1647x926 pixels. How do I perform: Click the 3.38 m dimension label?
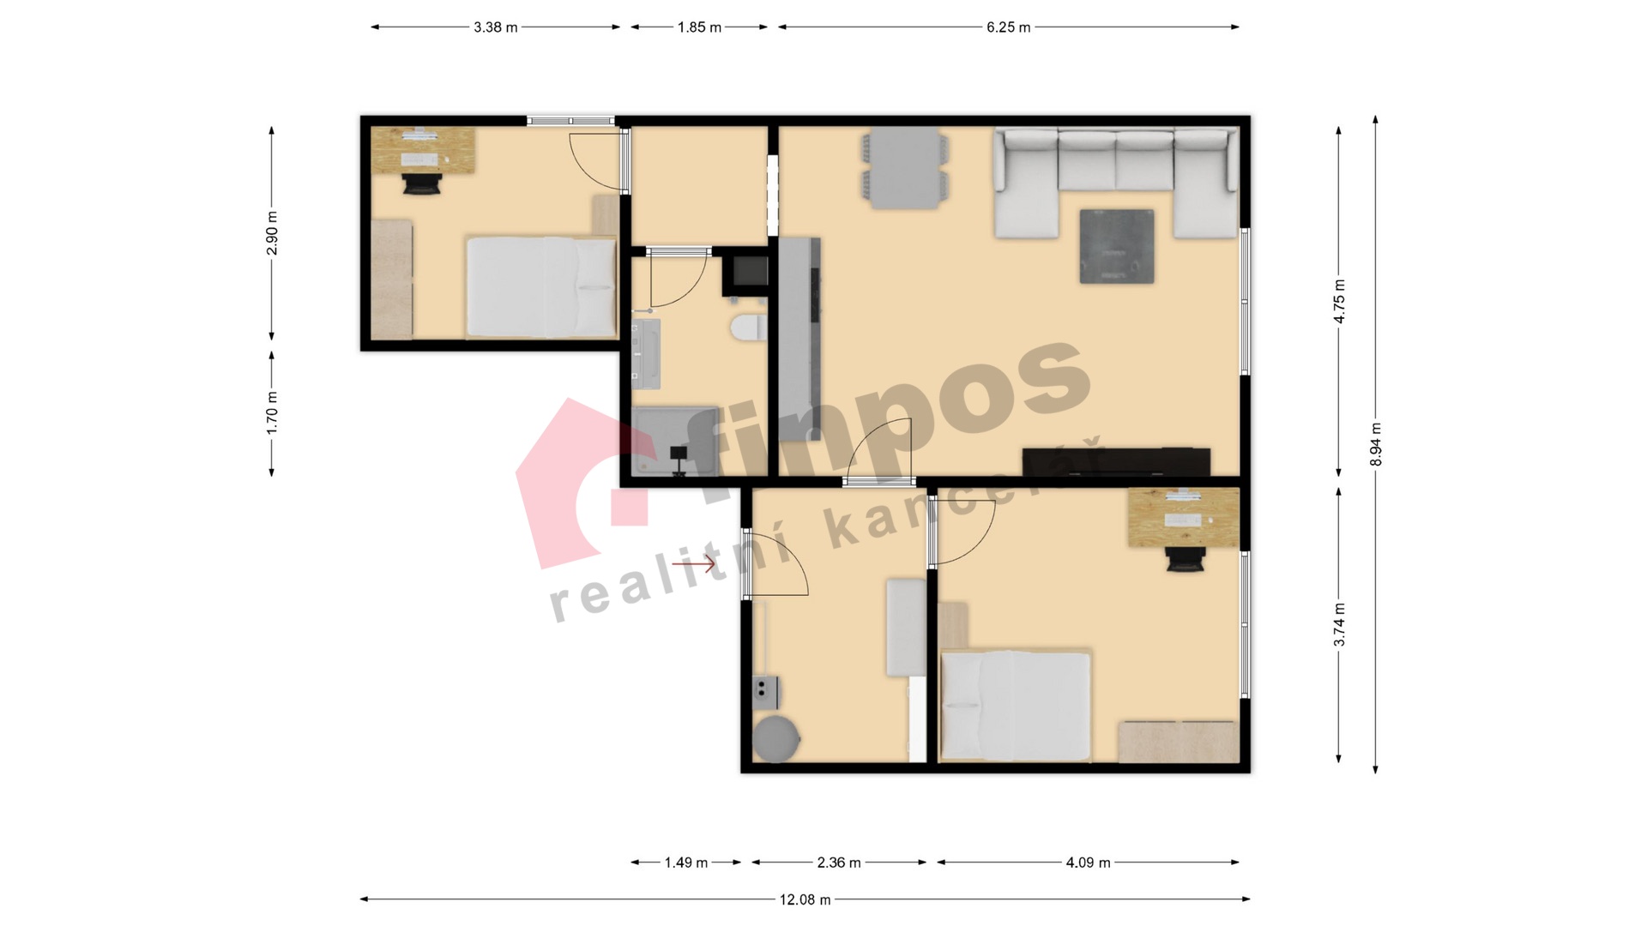coord(496,27)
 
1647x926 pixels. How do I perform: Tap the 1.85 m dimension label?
coord(699,27)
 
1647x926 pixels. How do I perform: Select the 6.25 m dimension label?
coord(1008,27)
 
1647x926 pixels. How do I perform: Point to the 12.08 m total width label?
coord(805,899)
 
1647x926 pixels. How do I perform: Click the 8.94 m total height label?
coord(1376,444)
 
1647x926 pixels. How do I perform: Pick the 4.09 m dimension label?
coord(1088,863)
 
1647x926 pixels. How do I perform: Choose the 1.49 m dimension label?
coord(686,863)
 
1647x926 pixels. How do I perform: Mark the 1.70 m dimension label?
coord(272,412)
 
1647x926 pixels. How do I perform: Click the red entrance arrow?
coord(693,564)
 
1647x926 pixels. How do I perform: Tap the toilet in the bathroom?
coord(749,328)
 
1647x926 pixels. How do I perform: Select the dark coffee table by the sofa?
coord(1117,246)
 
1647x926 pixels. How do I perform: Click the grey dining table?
coord(906,168)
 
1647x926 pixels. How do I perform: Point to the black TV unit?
coord(1116,462)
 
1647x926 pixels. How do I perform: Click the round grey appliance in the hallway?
coord(777,739)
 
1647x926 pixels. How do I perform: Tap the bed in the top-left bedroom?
coord(541,286)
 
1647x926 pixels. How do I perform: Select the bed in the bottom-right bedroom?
coord(1017,706)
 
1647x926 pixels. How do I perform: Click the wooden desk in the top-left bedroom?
coord(423,151)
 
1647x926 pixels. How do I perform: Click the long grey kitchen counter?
coord(799,340)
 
